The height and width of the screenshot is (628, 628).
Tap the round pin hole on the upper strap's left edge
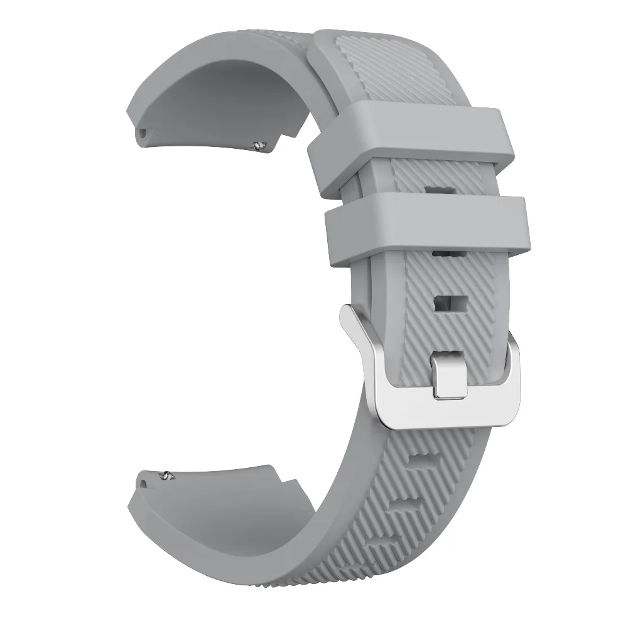tap(143, 133)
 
